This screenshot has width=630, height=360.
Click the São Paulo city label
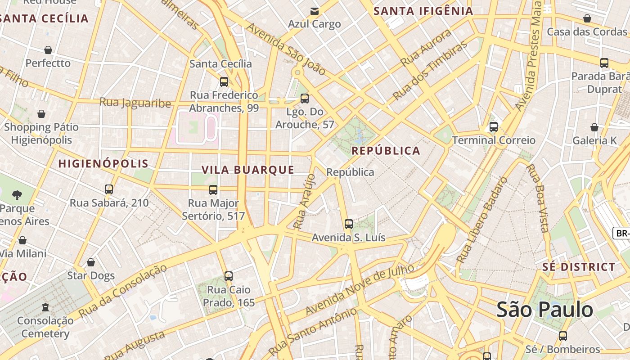[x=545, y=310]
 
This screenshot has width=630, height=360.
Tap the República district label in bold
[x=386, y=151]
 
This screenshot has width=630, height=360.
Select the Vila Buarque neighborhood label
[x=247, y=170]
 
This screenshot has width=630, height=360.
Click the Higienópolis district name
[x=103, y=163]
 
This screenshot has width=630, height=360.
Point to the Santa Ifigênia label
[x=423, y=11]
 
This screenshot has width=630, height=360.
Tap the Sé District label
[x=579, y=267]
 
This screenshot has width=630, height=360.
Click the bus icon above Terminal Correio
[x=494, y=127]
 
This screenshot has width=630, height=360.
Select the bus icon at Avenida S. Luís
[x=349, y=224]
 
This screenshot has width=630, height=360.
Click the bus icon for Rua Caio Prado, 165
[x=229, y=276]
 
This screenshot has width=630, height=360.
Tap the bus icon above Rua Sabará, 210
[x=109, y=189]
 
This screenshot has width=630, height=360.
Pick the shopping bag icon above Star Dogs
[x=91, y=262]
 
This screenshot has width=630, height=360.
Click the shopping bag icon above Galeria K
[x=594, y=128]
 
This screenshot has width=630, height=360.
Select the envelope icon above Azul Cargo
[x=315, y=11]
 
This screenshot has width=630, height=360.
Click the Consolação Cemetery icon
[x=45, y=308]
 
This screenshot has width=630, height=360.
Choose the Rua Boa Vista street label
[x=538, y=198]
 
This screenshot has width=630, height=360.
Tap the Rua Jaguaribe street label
[x=135, y=103]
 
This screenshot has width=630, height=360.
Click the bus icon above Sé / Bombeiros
[x=562, y=336]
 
